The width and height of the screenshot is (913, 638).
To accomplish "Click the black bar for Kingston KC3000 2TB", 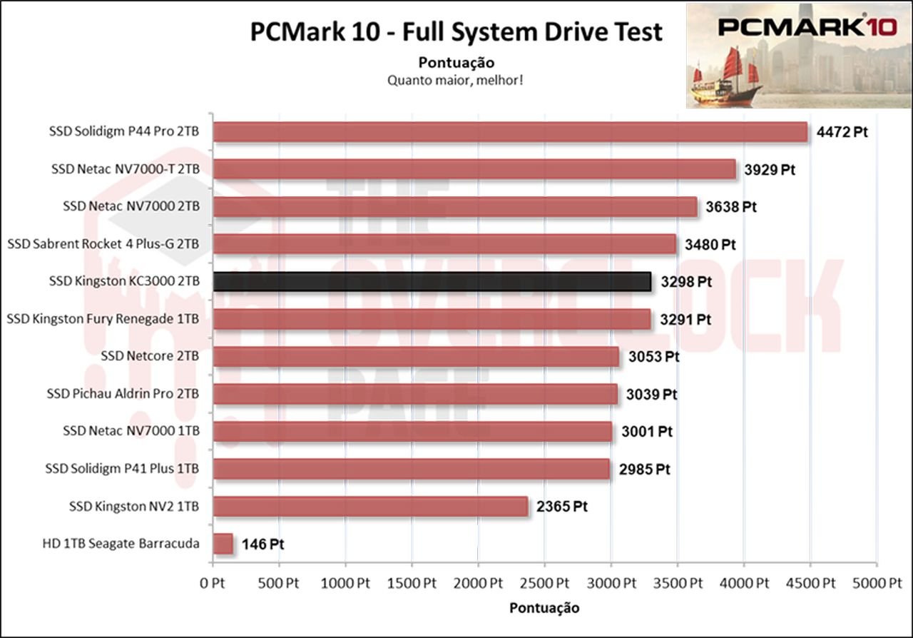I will click(x=432, y=282).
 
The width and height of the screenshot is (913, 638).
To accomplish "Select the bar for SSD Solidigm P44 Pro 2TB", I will click(x=510, y=132).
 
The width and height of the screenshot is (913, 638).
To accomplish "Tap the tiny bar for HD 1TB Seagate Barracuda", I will click(x=223, y=544).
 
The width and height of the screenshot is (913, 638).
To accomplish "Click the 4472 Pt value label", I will click(x=842, y=133).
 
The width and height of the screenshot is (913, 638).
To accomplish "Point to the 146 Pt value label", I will click(x=263, y=545).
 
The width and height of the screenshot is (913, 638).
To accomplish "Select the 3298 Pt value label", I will click(x=685, y=282).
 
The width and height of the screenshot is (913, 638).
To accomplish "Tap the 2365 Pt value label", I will click(x=561, y=507).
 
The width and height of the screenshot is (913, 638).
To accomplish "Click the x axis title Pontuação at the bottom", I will click(x=544, y=608).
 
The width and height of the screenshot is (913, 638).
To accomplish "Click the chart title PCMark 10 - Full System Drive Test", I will click(x=456, y=32).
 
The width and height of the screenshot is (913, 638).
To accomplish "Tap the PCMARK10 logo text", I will click(x=790, y=27).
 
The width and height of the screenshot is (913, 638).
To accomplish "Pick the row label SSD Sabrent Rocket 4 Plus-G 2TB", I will click(x=103, y=244).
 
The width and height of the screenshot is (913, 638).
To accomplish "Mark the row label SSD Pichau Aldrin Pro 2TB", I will click(x=123, y=394).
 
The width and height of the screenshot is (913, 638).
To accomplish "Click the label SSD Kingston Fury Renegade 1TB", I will click(x=103, y=319).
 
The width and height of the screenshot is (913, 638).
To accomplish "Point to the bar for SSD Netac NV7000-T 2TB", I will click(x=474, y=170).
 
